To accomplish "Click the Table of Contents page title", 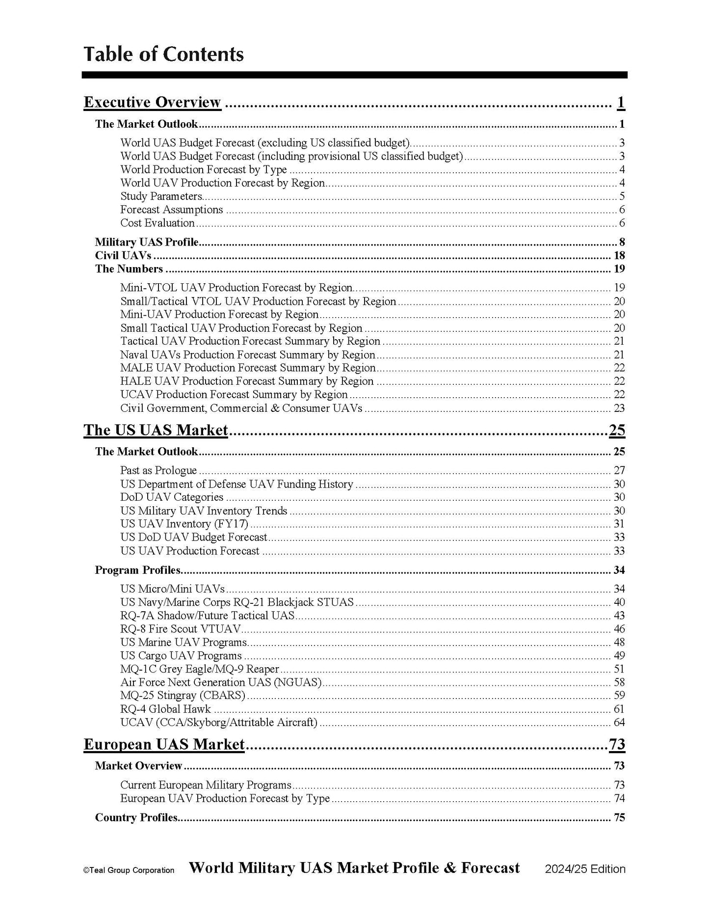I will [x=163, y=54].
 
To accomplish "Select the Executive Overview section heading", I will [x=152, y=102].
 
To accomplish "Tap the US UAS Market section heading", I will [x=156, y=430].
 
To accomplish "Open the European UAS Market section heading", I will [x=164, y=744].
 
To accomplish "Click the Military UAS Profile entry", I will [x=147, y=242].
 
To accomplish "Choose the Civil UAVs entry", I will [x=123, y=255].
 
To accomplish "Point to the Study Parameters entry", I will [x=161, y=196].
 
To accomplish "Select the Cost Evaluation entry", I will [x=158, y=223].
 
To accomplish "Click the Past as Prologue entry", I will [x=158, y=470].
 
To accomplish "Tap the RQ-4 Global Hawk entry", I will [x=165, y=709].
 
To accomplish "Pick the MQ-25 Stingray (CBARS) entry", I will [x=183, y=696].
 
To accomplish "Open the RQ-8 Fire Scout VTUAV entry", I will [x=181, y=629].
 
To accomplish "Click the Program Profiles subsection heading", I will [x=138, y=570].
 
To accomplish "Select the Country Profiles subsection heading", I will [x=136, y=817].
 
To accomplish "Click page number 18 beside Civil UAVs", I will [x=619, y=255].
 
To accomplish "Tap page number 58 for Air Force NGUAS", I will [x=619, y=682].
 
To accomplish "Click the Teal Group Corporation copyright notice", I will [x=129, y=870].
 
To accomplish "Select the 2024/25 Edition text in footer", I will [x=585, y=869].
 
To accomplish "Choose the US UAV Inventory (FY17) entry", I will [x=184, y=524].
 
